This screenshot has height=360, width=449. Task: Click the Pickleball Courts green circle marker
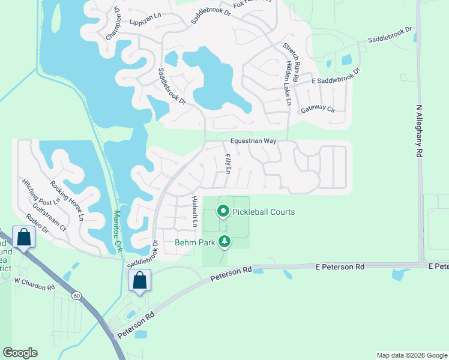(x=223, y=211)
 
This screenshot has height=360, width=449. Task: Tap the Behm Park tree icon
(x=224, y=242)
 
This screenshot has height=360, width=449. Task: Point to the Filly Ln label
(x=228, y=163)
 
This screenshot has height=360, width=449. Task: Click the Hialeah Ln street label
(x=194, y=211)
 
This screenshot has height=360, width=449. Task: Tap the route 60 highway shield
(x=76, y=295)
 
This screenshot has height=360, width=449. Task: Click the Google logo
(x=20, y=353)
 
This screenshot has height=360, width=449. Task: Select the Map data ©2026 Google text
(x=411, y=355)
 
